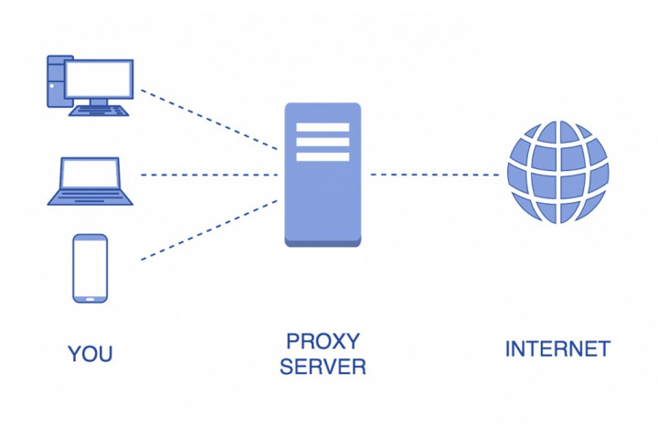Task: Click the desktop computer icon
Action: [90, 85]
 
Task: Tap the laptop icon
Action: [90, 181]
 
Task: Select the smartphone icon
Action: [90, 268]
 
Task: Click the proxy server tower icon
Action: [323, 174]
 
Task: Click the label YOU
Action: [90, 354]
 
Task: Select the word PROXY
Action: [323, 342]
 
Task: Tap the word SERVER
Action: [323, 368]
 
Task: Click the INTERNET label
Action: [557, 348]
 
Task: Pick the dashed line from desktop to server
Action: [209, 119]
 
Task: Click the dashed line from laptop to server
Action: [209, 174]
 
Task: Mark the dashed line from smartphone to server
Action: [209, 230]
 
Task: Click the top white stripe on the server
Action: [323, 127]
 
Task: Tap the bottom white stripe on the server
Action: [323, 156]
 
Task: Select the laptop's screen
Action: [90, 174]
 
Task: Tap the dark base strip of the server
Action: [323, 241]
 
